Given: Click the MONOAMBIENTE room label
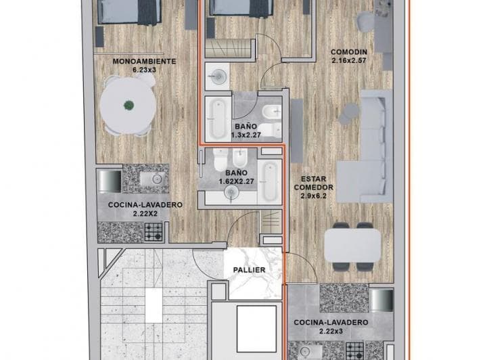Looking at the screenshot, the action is tap(144, 61).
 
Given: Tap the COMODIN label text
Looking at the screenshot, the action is tap(349, 52).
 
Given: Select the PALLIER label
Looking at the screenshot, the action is tap(250, 270).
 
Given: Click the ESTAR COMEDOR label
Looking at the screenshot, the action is tap(314, 183).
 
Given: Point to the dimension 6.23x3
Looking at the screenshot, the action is tap(144, 70).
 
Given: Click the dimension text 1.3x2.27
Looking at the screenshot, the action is tap(246, 135).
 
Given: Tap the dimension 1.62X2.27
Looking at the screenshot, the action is tap(237, 181).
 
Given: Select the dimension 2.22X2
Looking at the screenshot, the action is tap(145, 213).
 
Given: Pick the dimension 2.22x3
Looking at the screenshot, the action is tap(331, 331).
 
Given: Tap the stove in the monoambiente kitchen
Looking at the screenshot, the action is tap(154, 232).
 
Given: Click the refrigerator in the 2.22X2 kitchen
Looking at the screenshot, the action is tap(109, 181).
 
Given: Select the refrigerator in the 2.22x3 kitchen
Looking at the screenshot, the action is tap(381, 300).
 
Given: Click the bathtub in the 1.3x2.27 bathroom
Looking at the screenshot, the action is tap(218, 118).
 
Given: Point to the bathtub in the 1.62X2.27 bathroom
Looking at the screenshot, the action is tap(269, 182).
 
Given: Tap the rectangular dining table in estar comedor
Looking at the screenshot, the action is tap(352, 246).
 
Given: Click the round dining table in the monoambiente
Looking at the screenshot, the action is tap(129, 106).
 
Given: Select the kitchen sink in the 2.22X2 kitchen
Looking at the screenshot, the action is tap(154, 179).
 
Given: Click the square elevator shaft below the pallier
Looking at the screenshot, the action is tap(256, 329).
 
